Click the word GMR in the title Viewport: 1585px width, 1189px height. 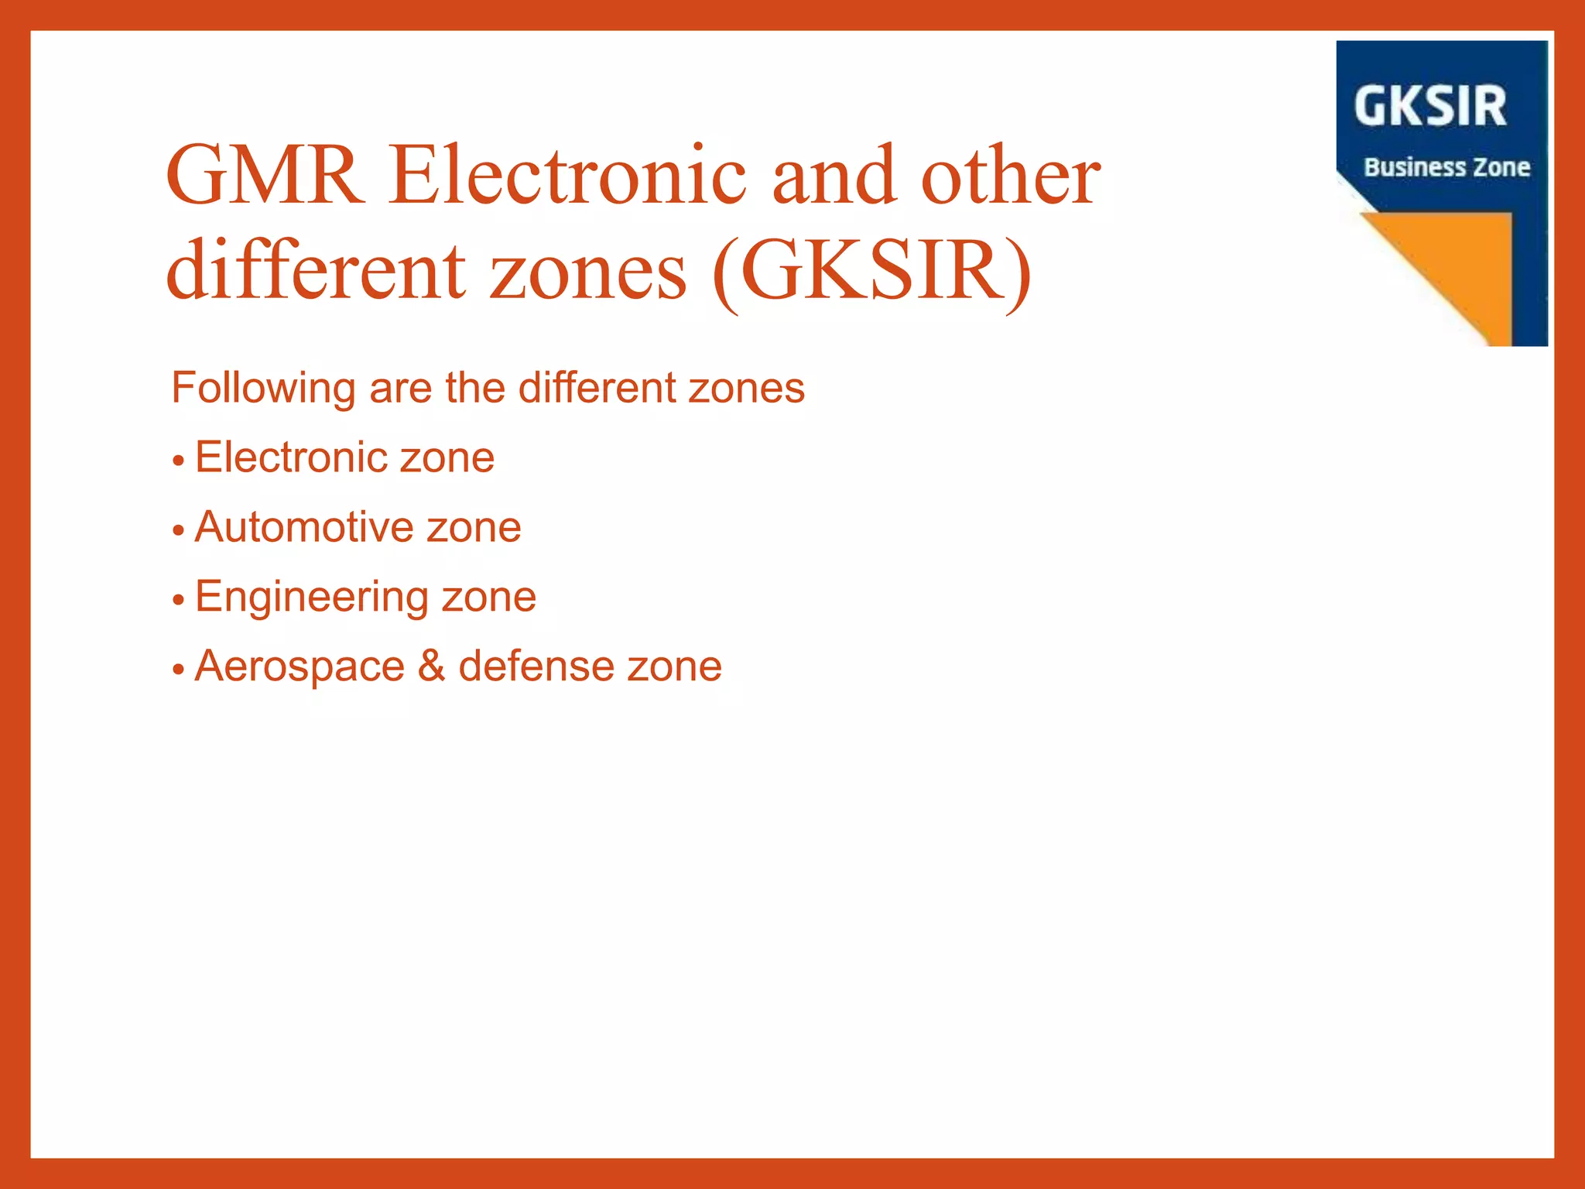click(x=265, y=176)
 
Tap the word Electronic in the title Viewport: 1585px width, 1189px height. click(x=567, y=176)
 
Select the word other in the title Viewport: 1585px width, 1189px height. click(x=1010, y=176)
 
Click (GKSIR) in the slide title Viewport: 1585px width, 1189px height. click(x=871, y=272)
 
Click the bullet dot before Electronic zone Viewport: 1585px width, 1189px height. click(x=179, y=461)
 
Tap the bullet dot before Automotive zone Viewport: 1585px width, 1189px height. click(x=179, y=531)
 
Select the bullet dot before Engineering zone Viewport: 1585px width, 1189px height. click(x=179, y=600)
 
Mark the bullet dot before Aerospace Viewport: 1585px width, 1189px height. click(x=179, y=670)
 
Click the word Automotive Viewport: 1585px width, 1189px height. click(x=303, y=527)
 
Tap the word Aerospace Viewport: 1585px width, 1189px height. click(x=300, y=666)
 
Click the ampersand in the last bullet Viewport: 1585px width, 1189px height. click(x=431, y=666)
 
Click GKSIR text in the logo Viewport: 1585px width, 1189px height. click(x=1430, y=106)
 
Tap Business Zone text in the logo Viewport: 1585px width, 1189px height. click(x=1446, y=167)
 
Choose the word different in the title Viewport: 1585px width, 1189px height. click(x=316, y=272)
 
